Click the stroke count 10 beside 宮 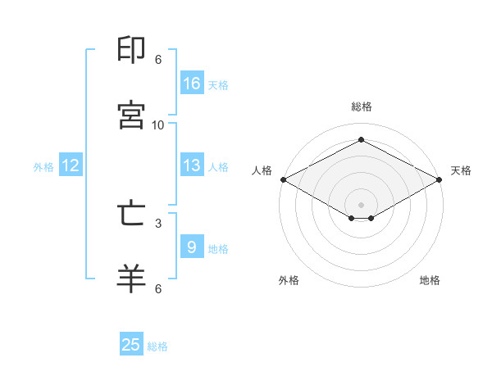158,125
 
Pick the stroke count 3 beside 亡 158,222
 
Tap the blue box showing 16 192,84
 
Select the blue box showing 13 192,165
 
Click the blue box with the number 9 192,247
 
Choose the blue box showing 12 71,165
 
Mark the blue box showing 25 131,345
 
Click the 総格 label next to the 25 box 157,346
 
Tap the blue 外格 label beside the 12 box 43,167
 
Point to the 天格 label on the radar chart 461,170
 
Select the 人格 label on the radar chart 262,170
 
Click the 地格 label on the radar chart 430,280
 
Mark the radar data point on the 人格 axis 282,179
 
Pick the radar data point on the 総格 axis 361,140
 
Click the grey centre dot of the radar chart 361,204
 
